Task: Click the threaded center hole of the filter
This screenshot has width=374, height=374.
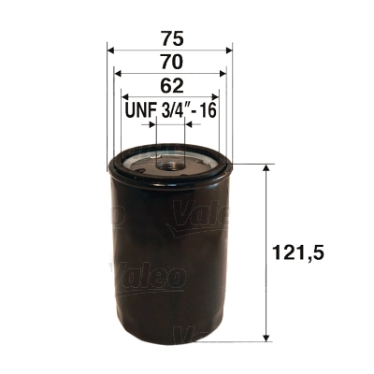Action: (171, 165)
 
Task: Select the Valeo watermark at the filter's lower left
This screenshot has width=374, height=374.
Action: (149, 278)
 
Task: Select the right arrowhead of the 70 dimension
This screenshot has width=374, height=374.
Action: (223, 73)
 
